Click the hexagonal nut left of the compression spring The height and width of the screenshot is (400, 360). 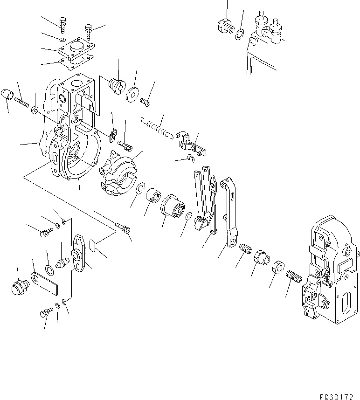[277, 267]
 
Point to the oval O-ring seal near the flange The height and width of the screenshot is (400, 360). [92, 246]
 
